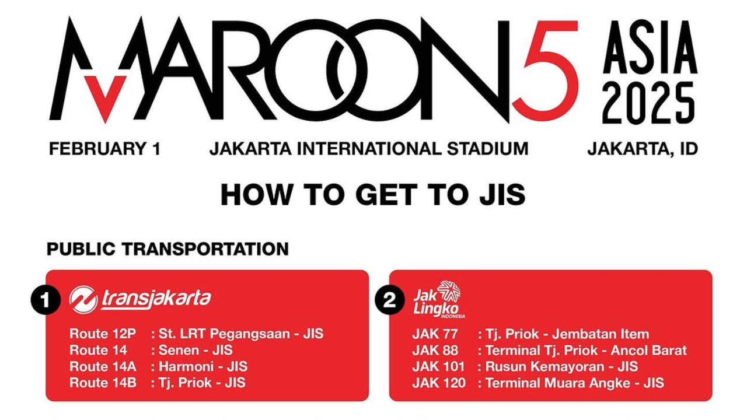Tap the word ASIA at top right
650,48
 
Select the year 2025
649,103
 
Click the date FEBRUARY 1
104,149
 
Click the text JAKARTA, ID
643,149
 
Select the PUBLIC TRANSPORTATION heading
167,249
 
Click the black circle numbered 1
46,300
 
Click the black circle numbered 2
389,300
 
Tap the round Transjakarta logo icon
83,299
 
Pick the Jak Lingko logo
438,299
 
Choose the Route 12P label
103,334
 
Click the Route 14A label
103,367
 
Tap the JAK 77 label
435,334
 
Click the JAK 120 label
439,383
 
